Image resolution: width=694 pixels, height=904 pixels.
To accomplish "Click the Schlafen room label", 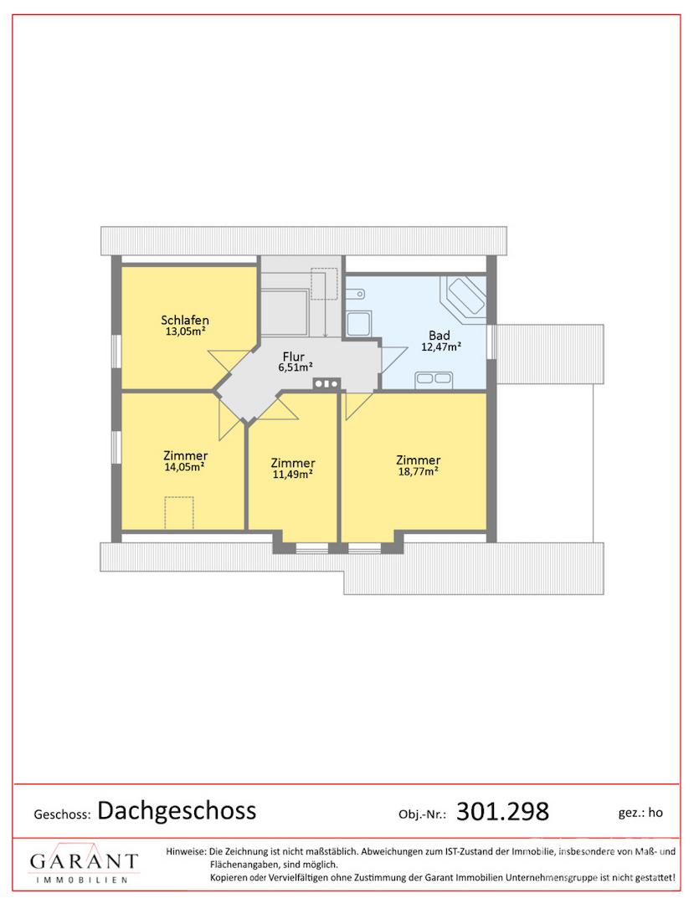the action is (x=185, y=320).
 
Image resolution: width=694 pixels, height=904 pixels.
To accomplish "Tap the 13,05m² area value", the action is (x=186, y=331).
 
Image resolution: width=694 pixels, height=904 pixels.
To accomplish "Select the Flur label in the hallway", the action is (x=293, y=357).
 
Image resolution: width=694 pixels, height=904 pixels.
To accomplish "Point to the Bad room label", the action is (x=440, y=335).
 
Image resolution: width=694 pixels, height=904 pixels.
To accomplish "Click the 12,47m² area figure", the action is (x=441, y=347).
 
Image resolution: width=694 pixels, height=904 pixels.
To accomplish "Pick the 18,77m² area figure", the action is (x=419, y=471).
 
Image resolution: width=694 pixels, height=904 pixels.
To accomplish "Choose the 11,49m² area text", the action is (x=293, y=475).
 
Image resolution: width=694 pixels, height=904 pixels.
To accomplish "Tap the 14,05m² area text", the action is (x=185, y=467).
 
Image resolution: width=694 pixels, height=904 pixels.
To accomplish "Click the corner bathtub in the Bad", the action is (x=464, y=295).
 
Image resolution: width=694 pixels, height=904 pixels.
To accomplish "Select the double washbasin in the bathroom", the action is (x=434, y=379).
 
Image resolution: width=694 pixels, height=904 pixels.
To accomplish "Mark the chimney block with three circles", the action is (x=326, y=383).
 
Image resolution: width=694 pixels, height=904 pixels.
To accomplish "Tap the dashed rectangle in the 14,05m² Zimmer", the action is (x=179, y=512).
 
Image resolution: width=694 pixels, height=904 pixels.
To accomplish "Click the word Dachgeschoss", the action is (x=177, y=810).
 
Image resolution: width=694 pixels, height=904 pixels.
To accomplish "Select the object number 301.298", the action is (x=502, y=811).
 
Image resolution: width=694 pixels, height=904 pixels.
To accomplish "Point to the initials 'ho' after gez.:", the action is (x=655, y=812).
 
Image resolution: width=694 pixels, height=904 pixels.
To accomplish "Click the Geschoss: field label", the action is (x=62, y=814).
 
